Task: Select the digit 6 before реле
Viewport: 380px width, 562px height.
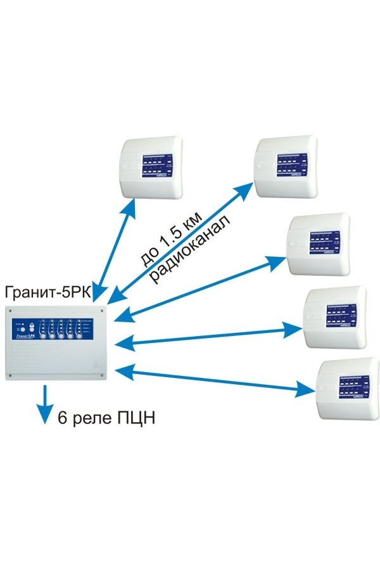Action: click(x=62, y=418)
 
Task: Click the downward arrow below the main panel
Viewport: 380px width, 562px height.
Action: click(x=44, y=405)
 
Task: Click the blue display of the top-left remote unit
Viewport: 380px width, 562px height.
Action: click(x=156, y=166)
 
